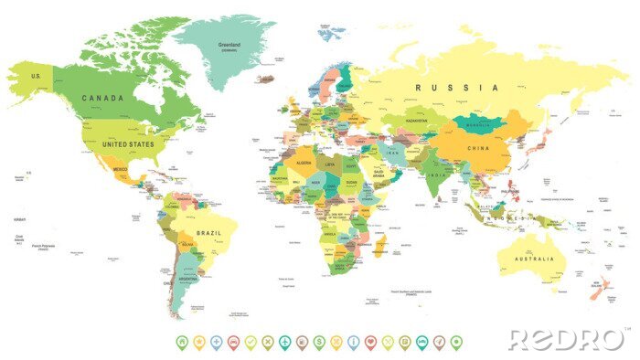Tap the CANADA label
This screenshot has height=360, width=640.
101,98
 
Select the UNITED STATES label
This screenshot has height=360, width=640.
127,143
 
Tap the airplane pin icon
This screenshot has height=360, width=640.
284,341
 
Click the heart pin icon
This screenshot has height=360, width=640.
370,341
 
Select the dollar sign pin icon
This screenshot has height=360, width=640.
319,341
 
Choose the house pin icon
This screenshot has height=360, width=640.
182,341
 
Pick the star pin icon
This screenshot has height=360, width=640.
198,341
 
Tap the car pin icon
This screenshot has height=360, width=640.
233,341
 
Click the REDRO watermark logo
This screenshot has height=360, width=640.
565,339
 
